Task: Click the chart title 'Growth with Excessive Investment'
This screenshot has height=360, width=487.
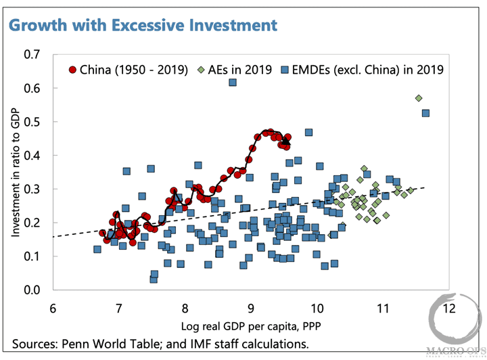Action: tap(143, 26)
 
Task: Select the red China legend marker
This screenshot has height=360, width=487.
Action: tap(72, 70)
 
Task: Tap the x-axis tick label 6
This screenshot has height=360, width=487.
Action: tap(52, 307)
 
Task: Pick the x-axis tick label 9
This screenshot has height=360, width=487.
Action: tap(250, 307)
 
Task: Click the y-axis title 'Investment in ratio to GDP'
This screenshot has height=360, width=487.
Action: tap(15, 172)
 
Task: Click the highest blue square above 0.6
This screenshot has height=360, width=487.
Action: tap(232, 83)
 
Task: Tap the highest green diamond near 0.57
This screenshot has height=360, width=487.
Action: tap(419, 98)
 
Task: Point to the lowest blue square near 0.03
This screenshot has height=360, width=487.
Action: tap(154, 279)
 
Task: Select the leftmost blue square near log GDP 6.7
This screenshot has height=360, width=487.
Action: tap(97, 250)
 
